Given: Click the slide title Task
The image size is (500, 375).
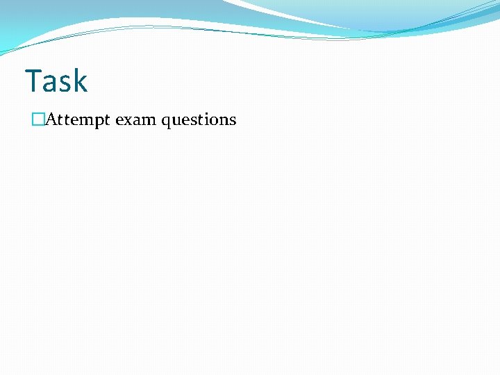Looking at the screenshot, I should coord(56,81).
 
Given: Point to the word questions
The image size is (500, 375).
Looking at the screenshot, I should coord(199,120).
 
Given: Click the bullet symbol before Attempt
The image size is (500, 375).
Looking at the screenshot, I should coord(37,120).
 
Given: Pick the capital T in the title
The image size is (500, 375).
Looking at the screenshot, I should coord(33,81).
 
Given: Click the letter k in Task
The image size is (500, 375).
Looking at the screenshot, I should coord(80,81).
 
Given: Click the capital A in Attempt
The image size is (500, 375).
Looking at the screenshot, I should coord(51,119).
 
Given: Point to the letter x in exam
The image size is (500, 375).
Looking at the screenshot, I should coord(128,121).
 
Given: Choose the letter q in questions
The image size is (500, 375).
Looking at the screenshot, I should coord(165,122).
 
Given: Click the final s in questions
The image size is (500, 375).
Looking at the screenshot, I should coord(233,121).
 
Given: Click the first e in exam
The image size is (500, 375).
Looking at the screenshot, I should coord(119,121).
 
